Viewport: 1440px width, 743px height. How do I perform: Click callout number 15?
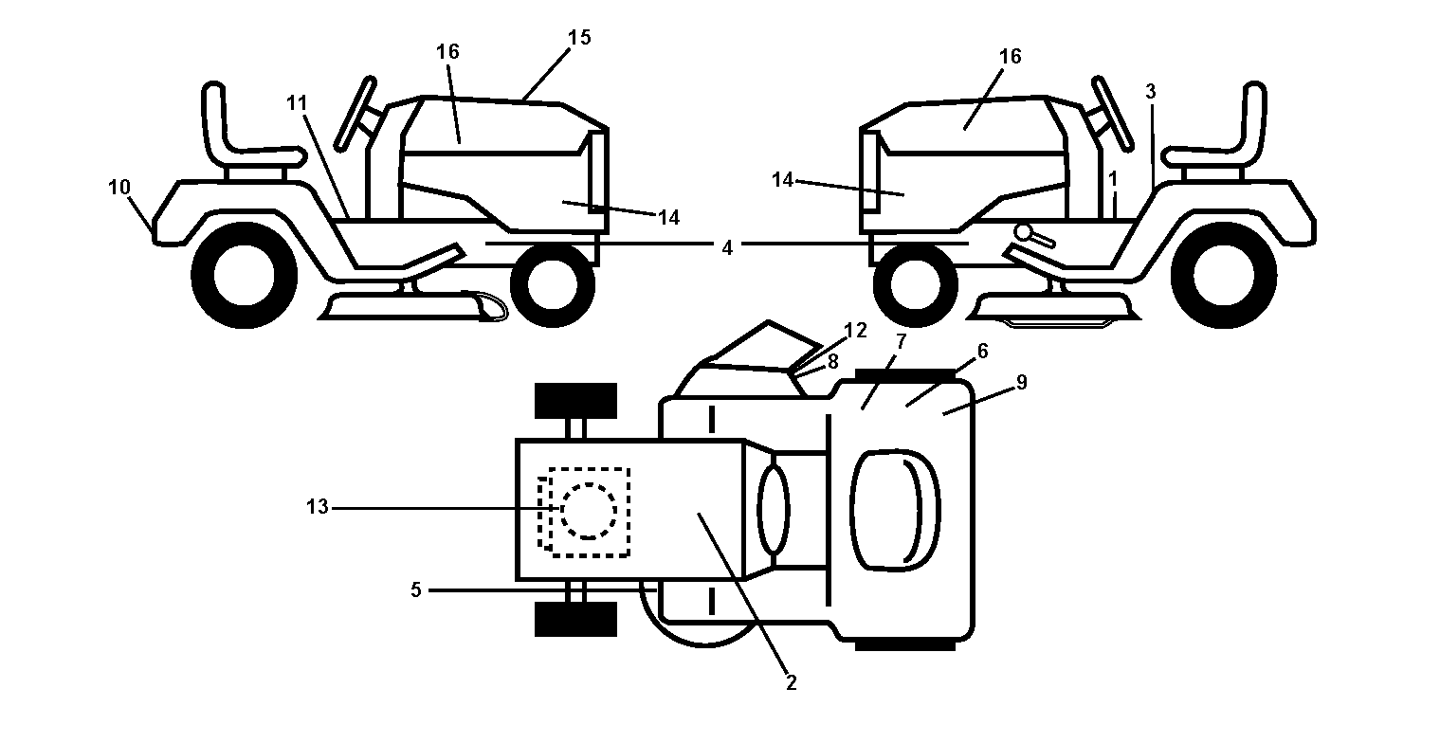579,38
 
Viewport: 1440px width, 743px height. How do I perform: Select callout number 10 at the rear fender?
119,188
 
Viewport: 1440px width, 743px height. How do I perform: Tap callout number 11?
297,103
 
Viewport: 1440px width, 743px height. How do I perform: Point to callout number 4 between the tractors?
727,248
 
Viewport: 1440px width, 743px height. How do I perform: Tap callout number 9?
1022,383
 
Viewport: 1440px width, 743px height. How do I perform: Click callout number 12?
855,331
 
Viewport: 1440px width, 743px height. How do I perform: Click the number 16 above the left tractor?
447,51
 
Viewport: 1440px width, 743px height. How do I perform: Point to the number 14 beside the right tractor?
782,180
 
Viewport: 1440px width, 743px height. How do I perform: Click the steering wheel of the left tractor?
356,114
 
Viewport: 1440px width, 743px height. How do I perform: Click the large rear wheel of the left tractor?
245,275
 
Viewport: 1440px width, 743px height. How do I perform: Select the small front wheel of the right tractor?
916,285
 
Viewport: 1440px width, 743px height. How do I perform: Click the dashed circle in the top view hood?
589,511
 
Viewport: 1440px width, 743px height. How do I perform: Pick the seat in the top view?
894,510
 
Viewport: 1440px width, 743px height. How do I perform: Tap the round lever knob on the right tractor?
1023,231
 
